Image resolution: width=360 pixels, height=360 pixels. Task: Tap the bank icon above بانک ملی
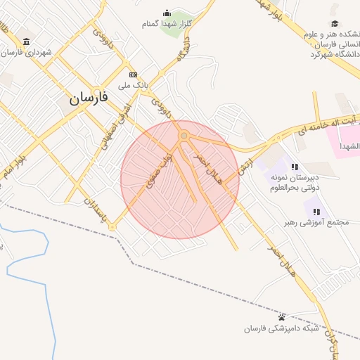tap(133, 74)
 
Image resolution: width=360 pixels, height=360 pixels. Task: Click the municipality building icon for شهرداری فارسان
tap(27, 41)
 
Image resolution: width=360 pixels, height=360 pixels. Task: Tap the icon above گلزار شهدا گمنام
tap(167, 13)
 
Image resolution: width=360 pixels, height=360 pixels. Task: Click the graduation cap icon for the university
tap(335, 23)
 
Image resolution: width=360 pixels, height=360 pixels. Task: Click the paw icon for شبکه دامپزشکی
tap(281, 317)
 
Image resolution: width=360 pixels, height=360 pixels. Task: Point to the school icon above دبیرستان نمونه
tap(295, 167)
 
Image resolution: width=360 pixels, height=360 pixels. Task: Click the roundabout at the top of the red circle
tap(184, 135)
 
